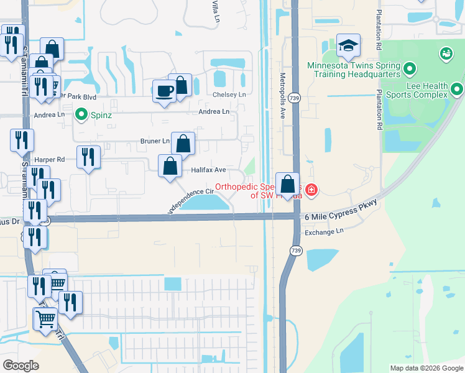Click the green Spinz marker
pyautogui.click(x=81, y=114)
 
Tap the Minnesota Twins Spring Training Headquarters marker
pyautogui.click(x=410, y=67)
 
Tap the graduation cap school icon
pyautogui.click(x=348, y=46)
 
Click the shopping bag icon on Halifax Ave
pyautogui.click(x=170, y=167)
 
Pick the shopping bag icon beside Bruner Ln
pyautogui.click(x=183, y=144)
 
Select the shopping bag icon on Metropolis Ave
pyautogui.click(x=287, y=184)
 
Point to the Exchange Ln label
pyautogui.click(x=324, y=233)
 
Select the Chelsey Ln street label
pyautogui.click(x=230, y=94)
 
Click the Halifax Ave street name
pyautogui.click(x=208, y=170)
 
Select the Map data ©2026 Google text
pyautogui.click(x=426, y=368)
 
